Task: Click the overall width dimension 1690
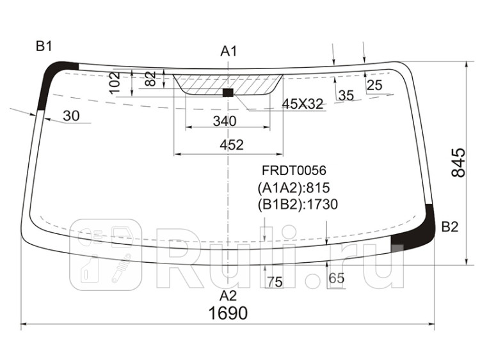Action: (x=228, y=313)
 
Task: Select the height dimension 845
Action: (x=458, y=162)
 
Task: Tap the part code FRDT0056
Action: (x=294, y=170)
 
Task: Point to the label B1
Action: (x=44, y=47)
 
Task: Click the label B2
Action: (x=450, y=227)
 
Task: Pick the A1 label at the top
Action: (x=228, y=51)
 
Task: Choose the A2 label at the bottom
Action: (x=228, y=296)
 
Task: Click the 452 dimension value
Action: (x=232, y=145)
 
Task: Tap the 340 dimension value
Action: (x=225, y=121)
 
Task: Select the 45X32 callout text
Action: (x=303, y=104)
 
